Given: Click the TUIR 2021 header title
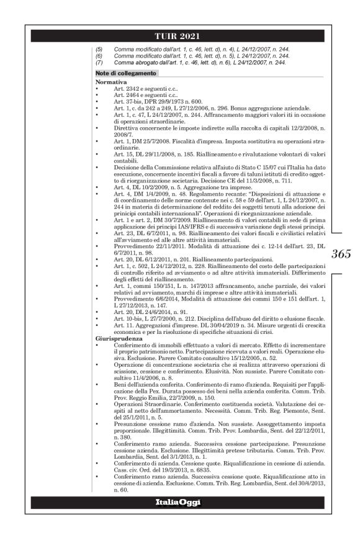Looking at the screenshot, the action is click(179, 35).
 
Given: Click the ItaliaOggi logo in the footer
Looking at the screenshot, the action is click(179, 501).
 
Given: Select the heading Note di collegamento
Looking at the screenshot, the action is click(122, 73).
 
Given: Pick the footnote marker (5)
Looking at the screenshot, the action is click(99, 48).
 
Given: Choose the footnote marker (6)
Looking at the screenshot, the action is click(99, 55).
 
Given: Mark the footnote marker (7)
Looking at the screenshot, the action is click(99, 62).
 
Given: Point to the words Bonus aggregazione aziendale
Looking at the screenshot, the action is click(249, 109).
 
